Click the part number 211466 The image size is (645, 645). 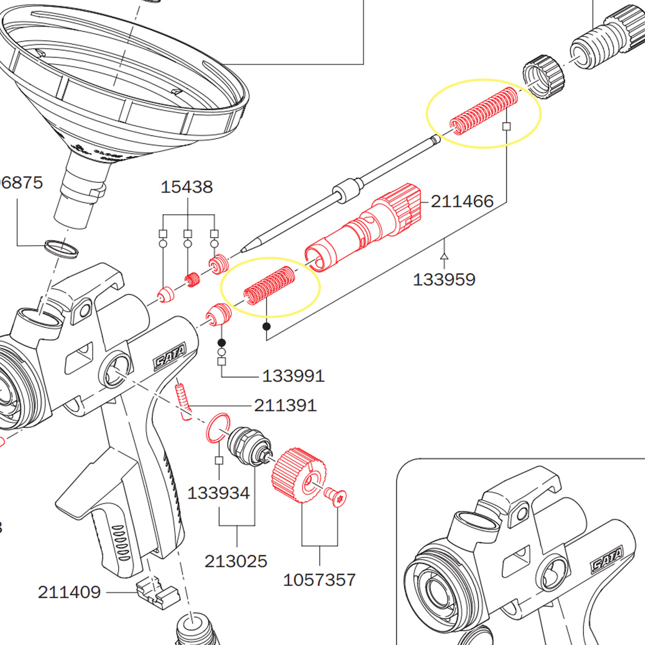(462, 201)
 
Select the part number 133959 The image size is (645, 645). (444, 280)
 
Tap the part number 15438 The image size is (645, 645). (187, 187)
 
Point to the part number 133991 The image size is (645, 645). (293, 376)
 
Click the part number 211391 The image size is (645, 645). (285, 405)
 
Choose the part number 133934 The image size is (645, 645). (218, 493)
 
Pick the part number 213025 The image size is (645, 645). (236, 561)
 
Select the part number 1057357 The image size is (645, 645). (319, 580)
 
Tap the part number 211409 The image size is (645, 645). (69, 592)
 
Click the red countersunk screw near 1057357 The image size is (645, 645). (336, 497)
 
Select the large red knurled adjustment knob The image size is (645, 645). (299, 475)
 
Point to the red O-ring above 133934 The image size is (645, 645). (217, 428)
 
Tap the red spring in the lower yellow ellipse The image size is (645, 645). (270, 285)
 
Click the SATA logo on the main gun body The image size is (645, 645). (170, 356)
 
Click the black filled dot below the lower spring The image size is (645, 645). (266, 327)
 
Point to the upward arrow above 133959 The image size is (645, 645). (444, 256)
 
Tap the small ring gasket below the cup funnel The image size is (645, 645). (61, 248)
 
